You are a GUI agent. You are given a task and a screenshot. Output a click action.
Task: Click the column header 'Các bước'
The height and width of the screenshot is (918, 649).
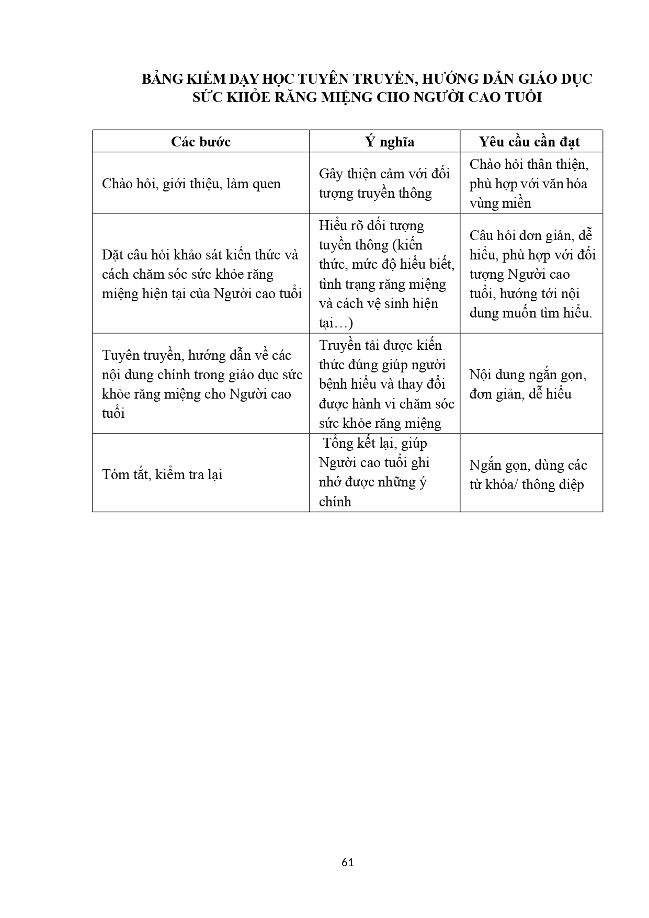[200, 142]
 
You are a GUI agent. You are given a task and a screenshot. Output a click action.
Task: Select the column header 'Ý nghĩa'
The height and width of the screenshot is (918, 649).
[389, 142]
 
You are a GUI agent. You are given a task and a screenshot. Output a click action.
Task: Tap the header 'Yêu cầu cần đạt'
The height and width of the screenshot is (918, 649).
[529, 142]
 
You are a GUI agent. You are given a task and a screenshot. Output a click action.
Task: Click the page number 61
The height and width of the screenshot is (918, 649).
[347, 862]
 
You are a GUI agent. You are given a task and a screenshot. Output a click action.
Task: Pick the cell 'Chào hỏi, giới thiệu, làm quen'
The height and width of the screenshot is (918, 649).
[191, 184]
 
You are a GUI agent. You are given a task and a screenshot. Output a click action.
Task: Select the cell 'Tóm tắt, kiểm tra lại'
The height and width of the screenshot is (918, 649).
[163, 474]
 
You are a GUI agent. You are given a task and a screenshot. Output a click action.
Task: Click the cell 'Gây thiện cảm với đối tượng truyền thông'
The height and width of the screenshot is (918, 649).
[384, 183]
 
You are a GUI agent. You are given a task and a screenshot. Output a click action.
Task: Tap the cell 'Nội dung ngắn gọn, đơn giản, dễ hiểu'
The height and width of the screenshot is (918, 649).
[528, 384]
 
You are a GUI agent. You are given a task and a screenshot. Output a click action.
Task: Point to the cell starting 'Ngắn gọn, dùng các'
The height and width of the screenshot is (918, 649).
[528, 474]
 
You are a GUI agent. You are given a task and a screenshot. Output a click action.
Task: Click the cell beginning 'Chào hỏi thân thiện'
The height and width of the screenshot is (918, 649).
[529, 183]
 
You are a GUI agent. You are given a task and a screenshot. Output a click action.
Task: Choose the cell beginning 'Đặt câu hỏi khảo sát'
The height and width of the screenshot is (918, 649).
[201, 274]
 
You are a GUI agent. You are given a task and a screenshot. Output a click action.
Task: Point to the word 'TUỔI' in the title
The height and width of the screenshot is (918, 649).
[521, 98]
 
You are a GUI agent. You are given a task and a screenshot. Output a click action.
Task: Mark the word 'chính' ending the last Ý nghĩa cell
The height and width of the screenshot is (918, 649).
[335, 502]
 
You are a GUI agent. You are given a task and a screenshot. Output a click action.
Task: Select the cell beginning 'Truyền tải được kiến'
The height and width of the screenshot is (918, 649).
[386, 384]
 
